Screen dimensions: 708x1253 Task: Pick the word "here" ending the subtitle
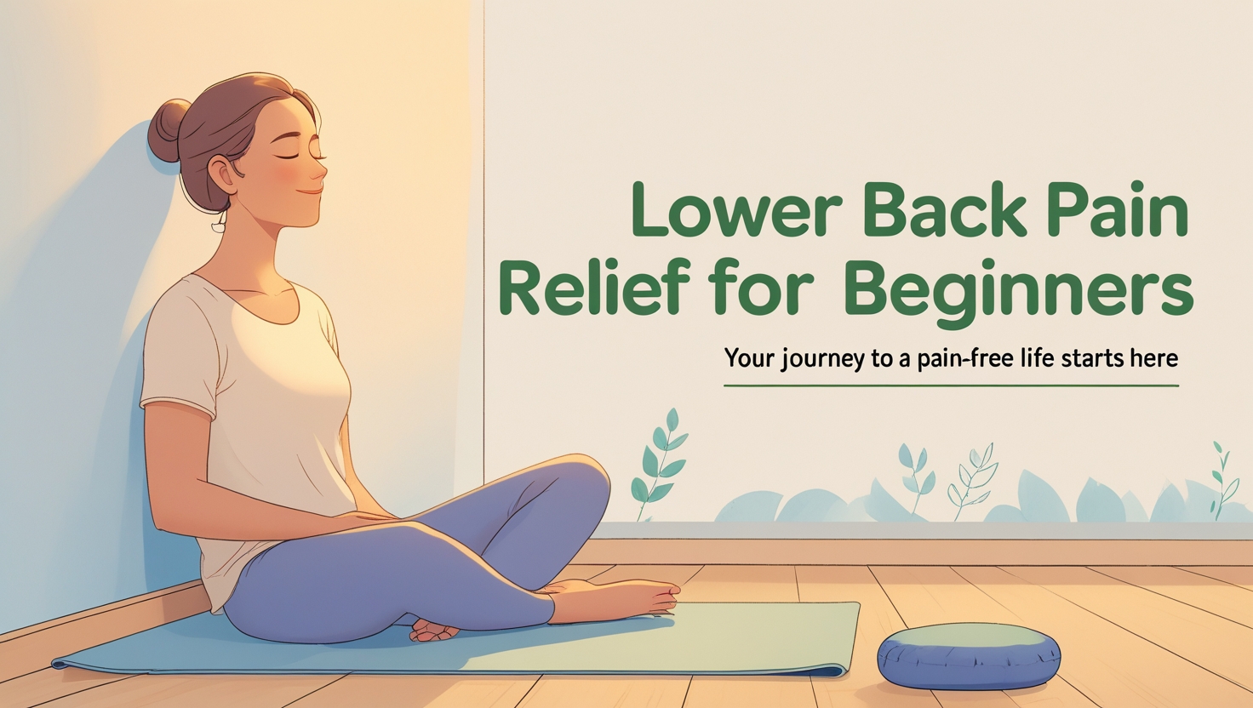click(1153, 357)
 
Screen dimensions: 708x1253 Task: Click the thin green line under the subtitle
click(951, 385)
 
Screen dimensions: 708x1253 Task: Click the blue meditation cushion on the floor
click(969, 655)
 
